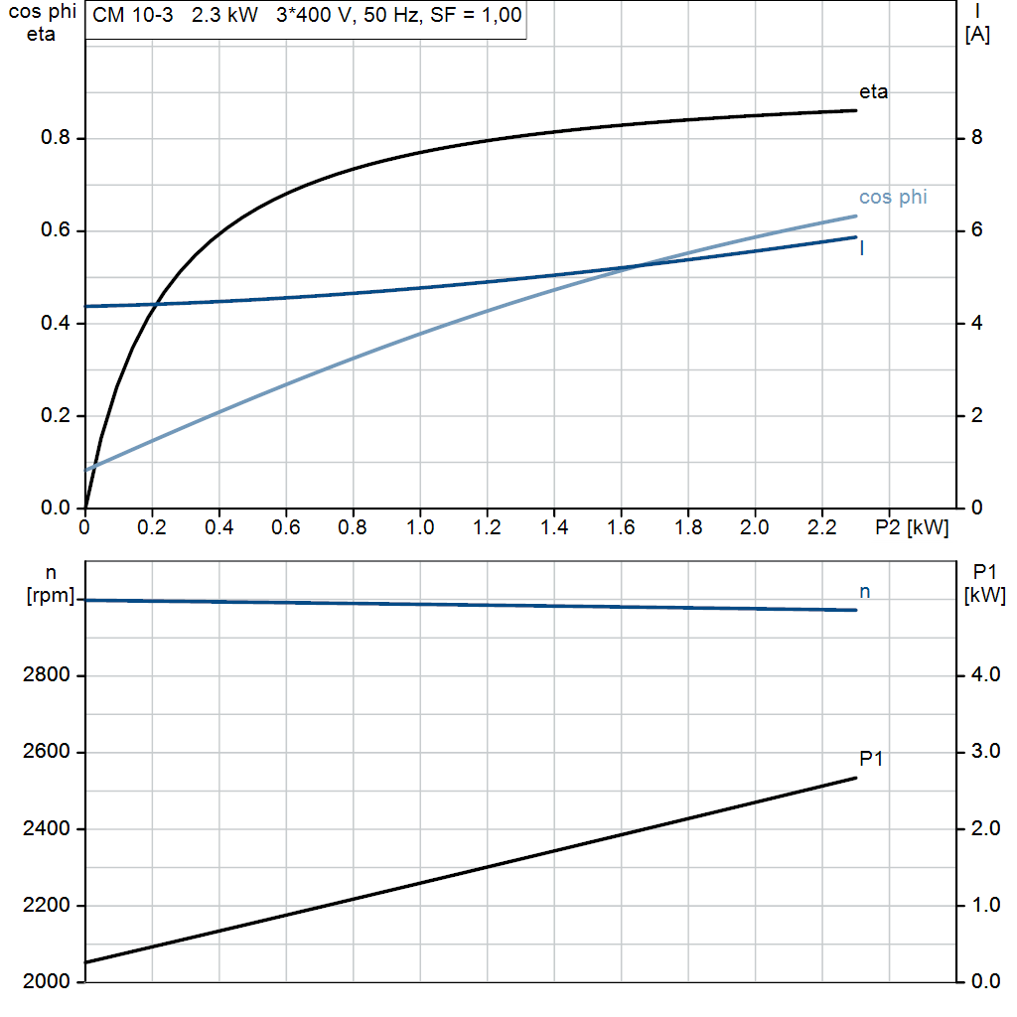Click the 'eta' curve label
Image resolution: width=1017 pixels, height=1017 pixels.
pyautogui.click(x=874, y=92)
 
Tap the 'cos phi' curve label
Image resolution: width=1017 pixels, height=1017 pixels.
pyautogui.click(x=893, y=198)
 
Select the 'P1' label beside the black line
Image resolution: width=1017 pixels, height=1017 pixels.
pyautogui.click(x=871, y=760)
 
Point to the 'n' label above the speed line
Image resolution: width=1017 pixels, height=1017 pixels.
pyautogui.click(x=865, y=591)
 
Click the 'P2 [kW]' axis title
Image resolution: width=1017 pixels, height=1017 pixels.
pyautogui.click(x=912, y=528)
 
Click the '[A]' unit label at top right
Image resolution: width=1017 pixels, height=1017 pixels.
pyautogui.click(x=977, y=36)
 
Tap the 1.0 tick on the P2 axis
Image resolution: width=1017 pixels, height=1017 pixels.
pyautogui.click(x=420, y=528)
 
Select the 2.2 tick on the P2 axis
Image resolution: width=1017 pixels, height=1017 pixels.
pyautogui.click(x=822, y=528)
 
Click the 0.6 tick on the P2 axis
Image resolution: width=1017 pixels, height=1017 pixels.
pyautogui.click(x=286, y=528)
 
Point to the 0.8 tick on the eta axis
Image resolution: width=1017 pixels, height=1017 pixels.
pyautogui.click(x=56, y=138)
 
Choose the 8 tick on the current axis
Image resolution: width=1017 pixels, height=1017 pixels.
pyautogui.click(x=976, y=138)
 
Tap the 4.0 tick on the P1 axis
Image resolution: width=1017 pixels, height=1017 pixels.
pyautogui.click(x=983, y=676)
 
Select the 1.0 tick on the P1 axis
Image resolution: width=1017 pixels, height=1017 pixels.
pyautogui.click(x=983, y=906)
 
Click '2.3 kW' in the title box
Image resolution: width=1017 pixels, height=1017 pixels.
pyautogui.click(x=223, y=16)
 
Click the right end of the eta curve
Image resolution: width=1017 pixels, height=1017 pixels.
pyautogui.click(x=856, y=110)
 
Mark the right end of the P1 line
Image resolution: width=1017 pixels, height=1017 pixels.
pyautogui.click(x=856, y=778)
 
